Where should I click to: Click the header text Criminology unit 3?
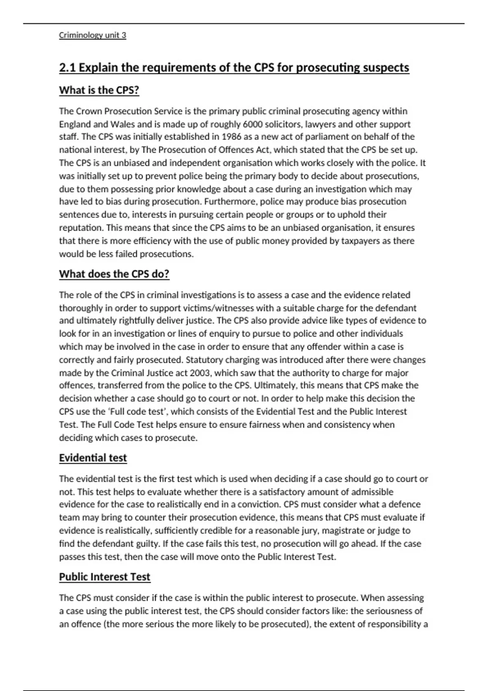coord(92,35)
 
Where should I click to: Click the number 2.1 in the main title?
coord(68,67)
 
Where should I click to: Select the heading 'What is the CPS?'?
coord(99,90)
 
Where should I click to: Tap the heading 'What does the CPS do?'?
coord(114,274)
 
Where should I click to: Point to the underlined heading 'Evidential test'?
coord(93,458)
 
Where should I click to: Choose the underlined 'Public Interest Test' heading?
coord(105,577)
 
